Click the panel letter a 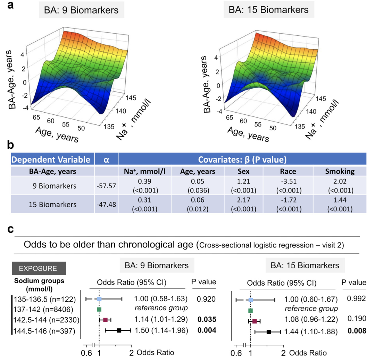click(x=10, y=6)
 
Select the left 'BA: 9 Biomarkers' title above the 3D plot click(x=81, y=10)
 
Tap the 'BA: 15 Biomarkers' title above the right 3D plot click(x=269, y=10)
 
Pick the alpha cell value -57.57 click(x=107, y=186)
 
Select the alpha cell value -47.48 click(x=107, y=204)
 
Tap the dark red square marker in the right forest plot click(x=255, y=321)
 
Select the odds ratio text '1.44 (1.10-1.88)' click(x=311, y=332)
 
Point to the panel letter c click(x=10, y=230)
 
